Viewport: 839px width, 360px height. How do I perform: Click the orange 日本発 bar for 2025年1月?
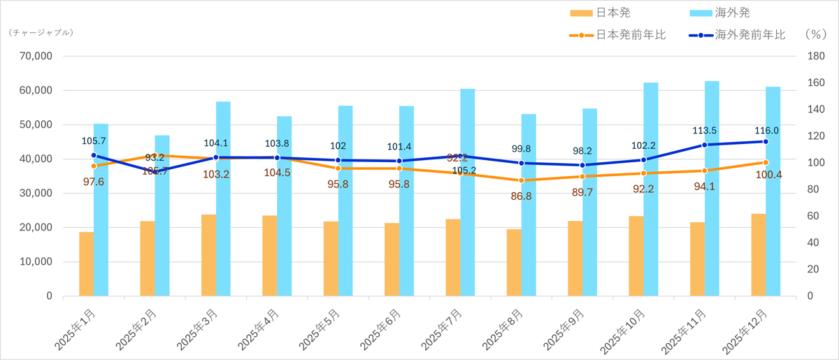[86, 264]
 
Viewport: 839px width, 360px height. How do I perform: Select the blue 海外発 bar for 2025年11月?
[712, 189]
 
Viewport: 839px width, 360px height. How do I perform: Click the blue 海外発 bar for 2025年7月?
[468, 192]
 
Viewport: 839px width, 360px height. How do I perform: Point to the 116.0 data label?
[767, 130]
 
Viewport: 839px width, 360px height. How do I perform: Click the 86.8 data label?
[522, 196]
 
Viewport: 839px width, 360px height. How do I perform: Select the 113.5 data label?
[707, 130]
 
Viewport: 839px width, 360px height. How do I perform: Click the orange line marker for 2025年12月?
[766, 162]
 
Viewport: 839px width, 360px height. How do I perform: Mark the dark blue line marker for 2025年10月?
[644, 160]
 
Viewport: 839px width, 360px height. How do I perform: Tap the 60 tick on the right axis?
[813, 216]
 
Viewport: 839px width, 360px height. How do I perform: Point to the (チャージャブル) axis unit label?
[41, 32]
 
